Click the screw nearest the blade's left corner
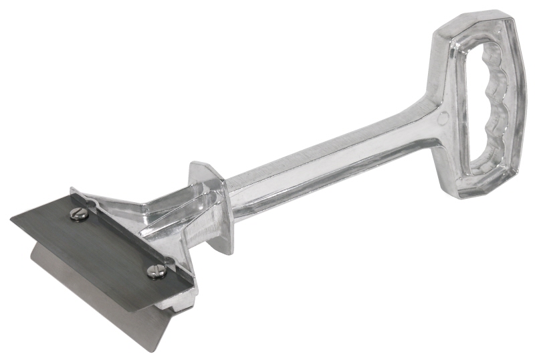[79, 214]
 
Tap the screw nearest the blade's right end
[155, 270]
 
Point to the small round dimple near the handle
[443, 120]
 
